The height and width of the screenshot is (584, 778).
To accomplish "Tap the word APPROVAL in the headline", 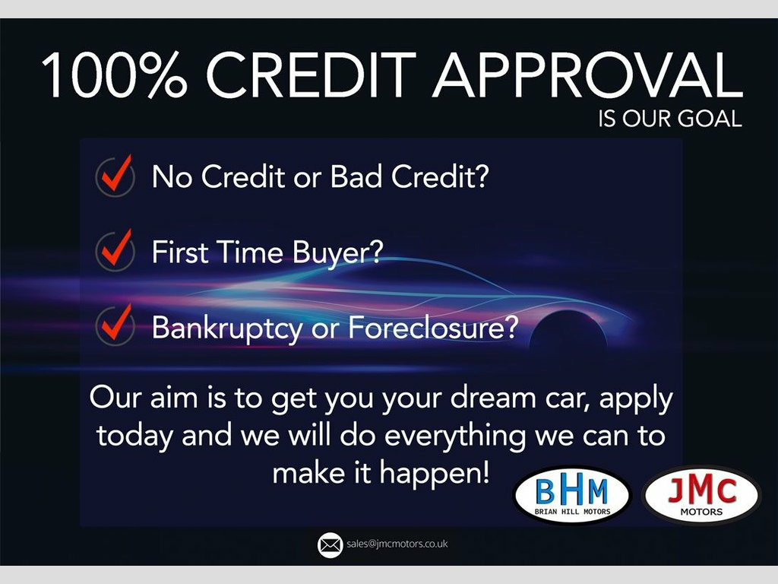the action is click(x=588, y=75).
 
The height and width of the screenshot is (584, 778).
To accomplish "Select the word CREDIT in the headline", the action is click(x=311, y=75).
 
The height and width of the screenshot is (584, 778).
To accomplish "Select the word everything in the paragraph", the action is click(x=455, y=436).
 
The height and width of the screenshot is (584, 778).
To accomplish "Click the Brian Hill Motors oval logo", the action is click(x=572, y=494).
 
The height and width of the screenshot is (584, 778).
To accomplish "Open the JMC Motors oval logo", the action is click(x=701, y=494).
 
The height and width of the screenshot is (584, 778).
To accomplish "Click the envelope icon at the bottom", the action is click(x=330, y=544).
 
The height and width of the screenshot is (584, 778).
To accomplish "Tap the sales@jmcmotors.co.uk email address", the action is click(x=397, y=544).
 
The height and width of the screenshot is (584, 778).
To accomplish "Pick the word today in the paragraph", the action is click(x=134, y=436).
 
